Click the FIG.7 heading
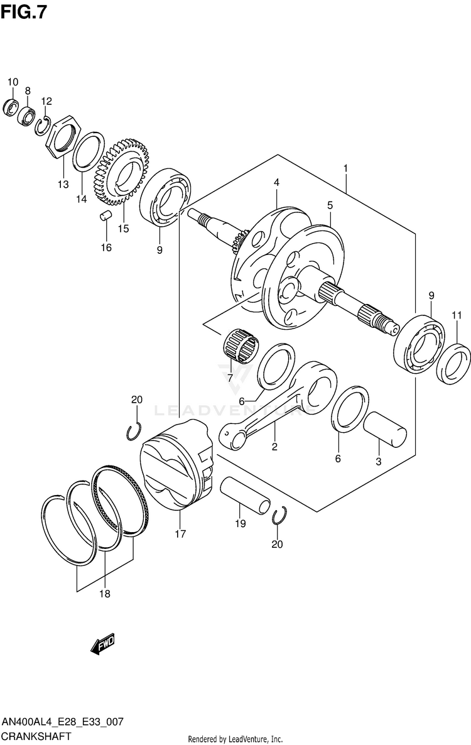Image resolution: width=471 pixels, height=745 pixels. coord(23,12)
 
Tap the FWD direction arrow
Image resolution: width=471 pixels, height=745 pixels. coord(102,643)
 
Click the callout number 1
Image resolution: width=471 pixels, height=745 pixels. coord(345,168)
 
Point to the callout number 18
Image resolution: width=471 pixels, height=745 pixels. coord(104,594)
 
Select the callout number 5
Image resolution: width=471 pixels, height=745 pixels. coord(330,205)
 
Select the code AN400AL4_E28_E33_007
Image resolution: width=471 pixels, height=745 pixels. coord(62,723)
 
